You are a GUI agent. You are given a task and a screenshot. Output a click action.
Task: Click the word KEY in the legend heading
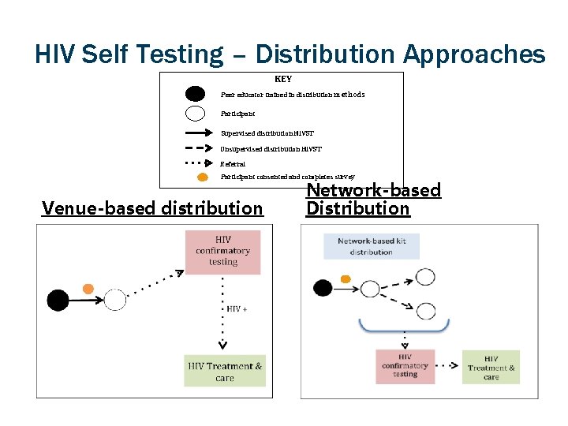click(x=282, y=79)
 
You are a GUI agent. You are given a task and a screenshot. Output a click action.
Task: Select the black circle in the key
click(x=195, y=94)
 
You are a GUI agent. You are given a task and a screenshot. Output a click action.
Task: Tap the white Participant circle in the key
click(x=195, y=113)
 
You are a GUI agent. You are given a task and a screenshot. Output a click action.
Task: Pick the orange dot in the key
click(x=203, y=177)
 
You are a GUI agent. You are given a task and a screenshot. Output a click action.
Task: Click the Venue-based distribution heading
click(x=152, y=208)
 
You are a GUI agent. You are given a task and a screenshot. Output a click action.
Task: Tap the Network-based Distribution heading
click(x=373, y=199)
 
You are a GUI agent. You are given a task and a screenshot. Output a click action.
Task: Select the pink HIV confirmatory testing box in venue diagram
click(x=222, y=252)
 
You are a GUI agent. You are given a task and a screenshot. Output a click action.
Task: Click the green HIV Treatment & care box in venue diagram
click(x=225, y=372)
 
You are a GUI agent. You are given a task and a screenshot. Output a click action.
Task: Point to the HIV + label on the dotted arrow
click(x=237, y=308)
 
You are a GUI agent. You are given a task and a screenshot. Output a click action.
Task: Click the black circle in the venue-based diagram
click(x=58, y=300)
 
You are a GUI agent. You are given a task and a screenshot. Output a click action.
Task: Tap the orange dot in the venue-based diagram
click(x=89, y=288)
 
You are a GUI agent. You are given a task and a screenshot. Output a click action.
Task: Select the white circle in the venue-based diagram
click(x=115, y=300)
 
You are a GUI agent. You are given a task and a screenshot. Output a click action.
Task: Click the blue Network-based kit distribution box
click(x=371, y=246)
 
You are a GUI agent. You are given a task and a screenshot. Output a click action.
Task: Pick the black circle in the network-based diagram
click(x=323, y=288)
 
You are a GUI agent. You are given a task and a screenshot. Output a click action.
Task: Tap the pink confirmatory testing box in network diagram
click(x=405, y=366)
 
